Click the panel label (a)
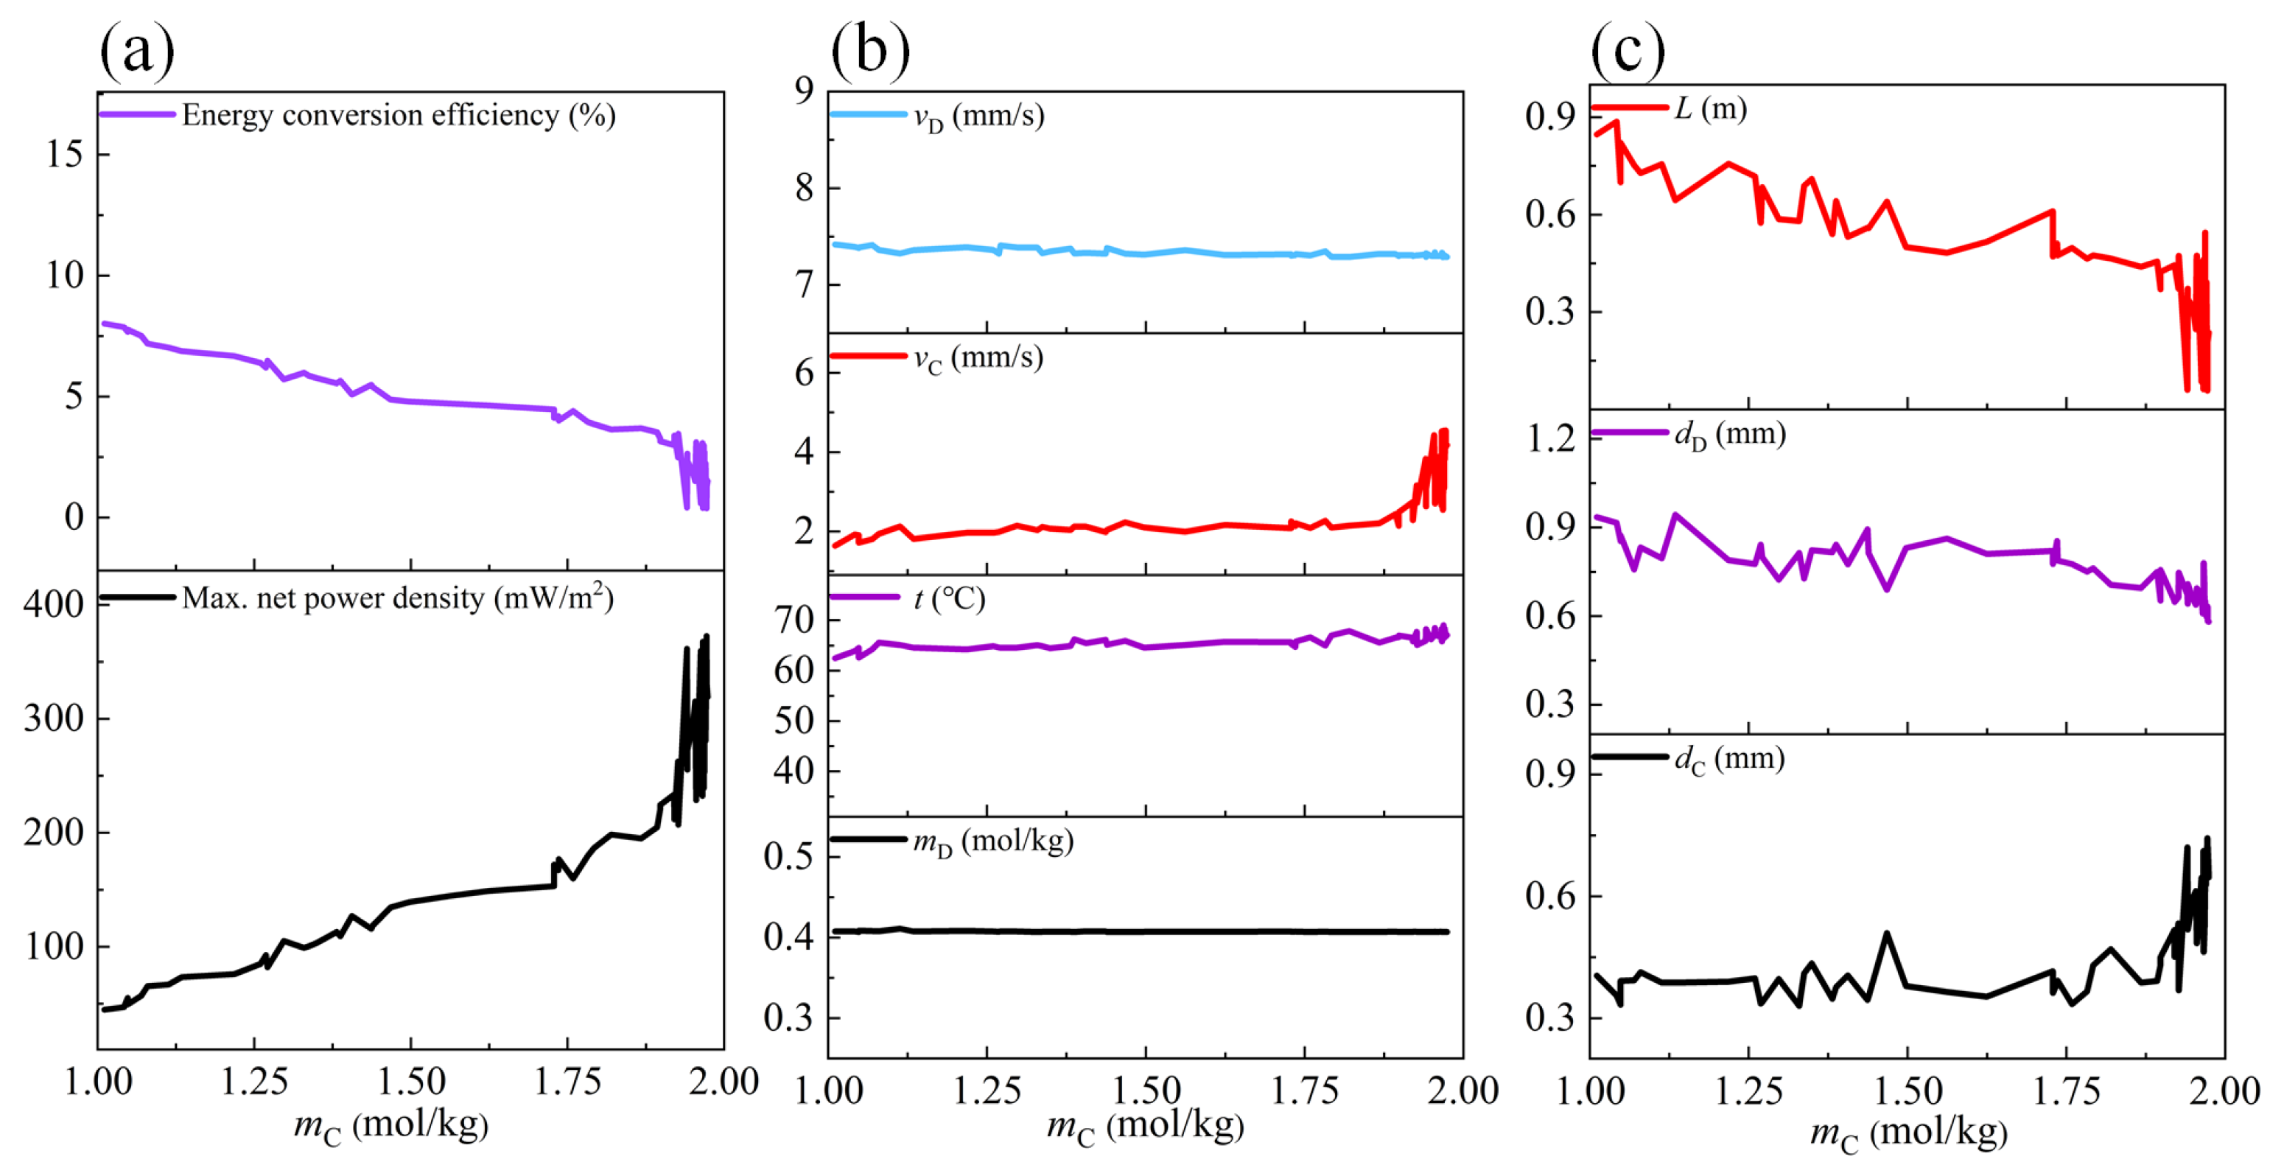tap(138, 50)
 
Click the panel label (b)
tap(869, 50)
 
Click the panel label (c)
tap(1627, 50)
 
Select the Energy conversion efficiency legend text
tap(399, 116)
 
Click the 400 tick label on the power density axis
tap(53, 605)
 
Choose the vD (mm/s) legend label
tap(978, 116)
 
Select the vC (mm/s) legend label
tap(978, 358)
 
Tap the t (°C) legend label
tap(949, 600)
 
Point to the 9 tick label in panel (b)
tap(804, 90)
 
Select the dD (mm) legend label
tap(1730, 434)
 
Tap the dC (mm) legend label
tap(1729, 758)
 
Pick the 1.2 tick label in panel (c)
tap(1550, 437)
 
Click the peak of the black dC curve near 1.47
tap(1887, 933)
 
